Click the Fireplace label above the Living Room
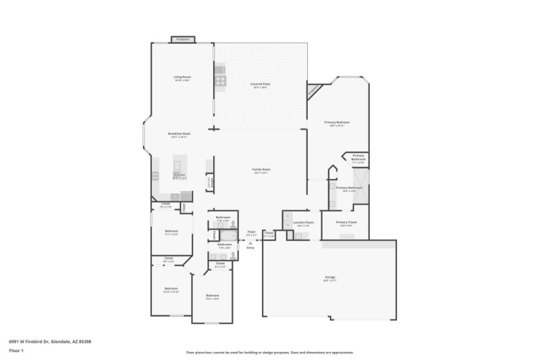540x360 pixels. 183,40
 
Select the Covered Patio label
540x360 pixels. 261,85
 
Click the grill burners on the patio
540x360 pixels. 221,80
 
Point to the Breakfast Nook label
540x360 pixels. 179,134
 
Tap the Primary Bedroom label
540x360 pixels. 340,123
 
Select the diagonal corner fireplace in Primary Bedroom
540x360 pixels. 314,90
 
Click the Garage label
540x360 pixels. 330,278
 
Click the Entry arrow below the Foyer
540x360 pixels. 250,243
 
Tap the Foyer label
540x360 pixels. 251,232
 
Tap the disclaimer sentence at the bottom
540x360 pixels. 269,353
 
